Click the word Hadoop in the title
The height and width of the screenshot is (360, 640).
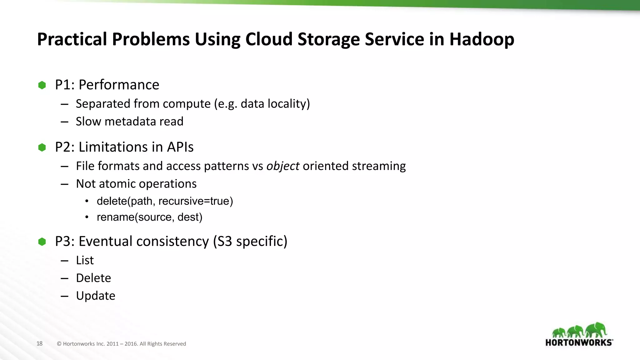pyautogui.click(x=482, y=39)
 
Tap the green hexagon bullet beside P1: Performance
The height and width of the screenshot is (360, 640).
pyautogui.click(x=42, y=85)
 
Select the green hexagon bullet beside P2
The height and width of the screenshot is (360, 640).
pyautogui.click(x=42, y=147)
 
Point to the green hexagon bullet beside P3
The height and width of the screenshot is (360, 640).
pyautogui.click(x=42, y=242)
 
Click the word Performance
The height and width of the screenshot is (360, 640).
pyautogui.click(x=119, y=85)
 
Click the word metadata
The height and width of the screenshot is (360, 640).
pyautogui.click(x=130, y=122)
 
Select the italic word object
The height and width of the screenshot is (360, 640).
pyautogui.click(x=283, y=166)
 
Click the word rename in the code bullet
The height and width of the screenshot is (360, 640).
pyautogui.click(x=115, y=217)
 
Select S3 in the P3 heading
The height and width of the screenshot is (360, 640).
pyautogui.click(x=224, y=241)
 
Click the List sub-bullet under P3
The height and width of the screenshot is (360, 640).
pyautogui.click(x=85, y=260)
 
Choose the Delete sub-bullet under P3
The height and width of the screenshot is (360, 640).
pyautogui.click(x=93, y=278)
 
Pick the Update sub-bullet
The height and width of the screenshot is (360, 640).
pyautogui.click(x=96, y=296)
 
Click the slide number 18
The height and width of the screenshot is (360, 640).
pyautogui.click(x=39, y=344)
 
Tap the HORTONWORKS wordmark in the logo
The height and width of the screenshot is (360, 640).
pyautogui.click(x=579, y=342)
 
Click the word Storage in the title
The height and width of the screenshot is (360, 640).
pyautogui.click(x=328, y=39)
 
